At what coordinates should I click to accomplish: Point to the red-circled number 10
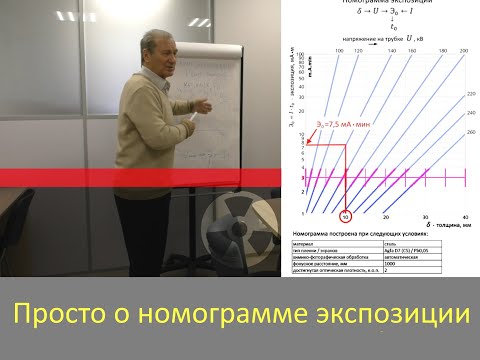click(x=345, y=215)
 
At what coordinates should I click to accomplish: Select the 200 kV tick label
click(x=464, y=49)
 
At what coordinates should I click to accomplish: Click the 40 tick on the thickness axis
click(x=464, y=216)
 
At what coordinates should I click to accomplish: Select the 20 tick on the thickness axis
click(x=385, y=216)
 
